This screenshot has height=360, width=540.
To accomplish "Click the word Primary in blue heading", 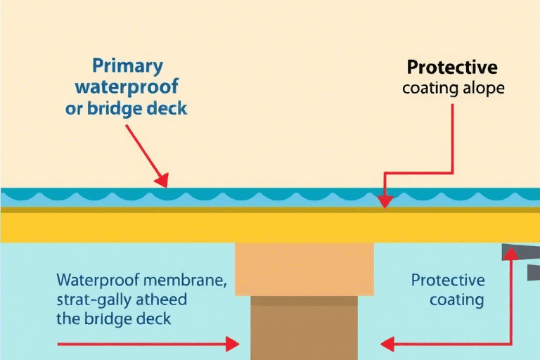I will click(x=127, y=67).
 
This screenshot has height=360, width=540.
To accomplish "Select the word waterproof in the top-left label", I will click(x=136, y=89).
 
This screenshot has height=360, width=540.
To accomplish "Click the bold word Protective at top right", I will click(x=452, y=67).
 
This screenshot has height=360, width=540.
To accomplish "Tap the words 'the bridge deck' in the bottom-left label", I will click(x=114, y=318).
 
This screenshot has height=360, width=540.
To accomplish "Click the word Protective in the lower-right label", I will click(x=448, y=280).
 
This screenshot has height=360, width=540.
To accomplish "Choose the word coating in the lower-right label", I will click(x=456, y=300).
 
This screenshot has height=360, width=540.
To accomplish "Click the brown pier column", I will click(x=304, y=328).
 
